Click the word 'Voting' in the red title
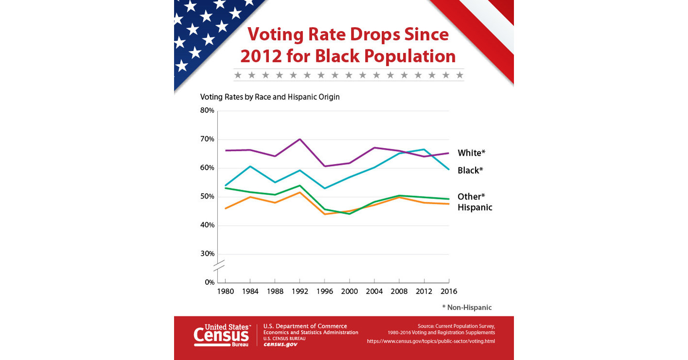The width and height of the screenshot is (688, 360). [x=275, y=35]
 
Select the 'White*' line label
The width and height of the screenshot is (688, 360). [x=471, y=153]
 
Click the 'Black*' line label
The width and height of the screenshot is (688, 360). [x=470, y=170]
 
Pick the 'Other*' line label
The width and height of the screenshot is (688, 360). [x=471, y=197]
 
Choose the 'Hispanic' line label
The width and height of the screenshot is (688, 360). [x=475, y=207]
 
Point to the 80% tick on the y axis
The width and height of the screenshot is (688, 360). [x=207, y=110]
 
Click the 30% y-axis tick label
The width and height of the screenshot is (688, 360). [x=207, y=253]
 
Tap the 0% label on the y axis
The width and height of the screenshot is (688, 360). [x=209, y=282]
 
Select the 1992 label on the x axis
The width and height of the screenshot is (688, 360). [x=300, y=291]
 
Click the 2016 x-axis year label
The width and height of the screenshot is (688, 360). [x=448, y=291]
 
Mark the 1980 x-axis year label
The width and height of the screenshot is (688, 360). [x=225, y=291]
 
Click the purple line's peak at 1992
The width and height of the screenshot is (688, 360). [x=300, y=139]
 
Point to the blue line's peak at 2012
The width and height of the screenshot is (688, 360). [x=424, y=149]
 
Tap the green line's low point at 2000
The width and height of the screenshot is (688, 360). [x=350, y=214]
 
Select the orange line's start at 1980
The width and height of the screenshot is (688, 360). [x=226, y=208]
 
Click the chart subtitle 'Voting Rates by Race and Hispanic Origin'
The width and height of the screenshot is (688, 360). [x=270, y=97]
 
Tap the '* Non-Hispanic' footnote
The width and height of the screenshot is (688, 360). [x=466, y=307]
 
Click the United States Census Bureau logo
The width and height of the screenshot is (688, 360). [x=222, y=335]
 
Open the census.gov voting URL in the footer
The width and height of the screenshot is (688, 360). [x=431, y=341]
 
